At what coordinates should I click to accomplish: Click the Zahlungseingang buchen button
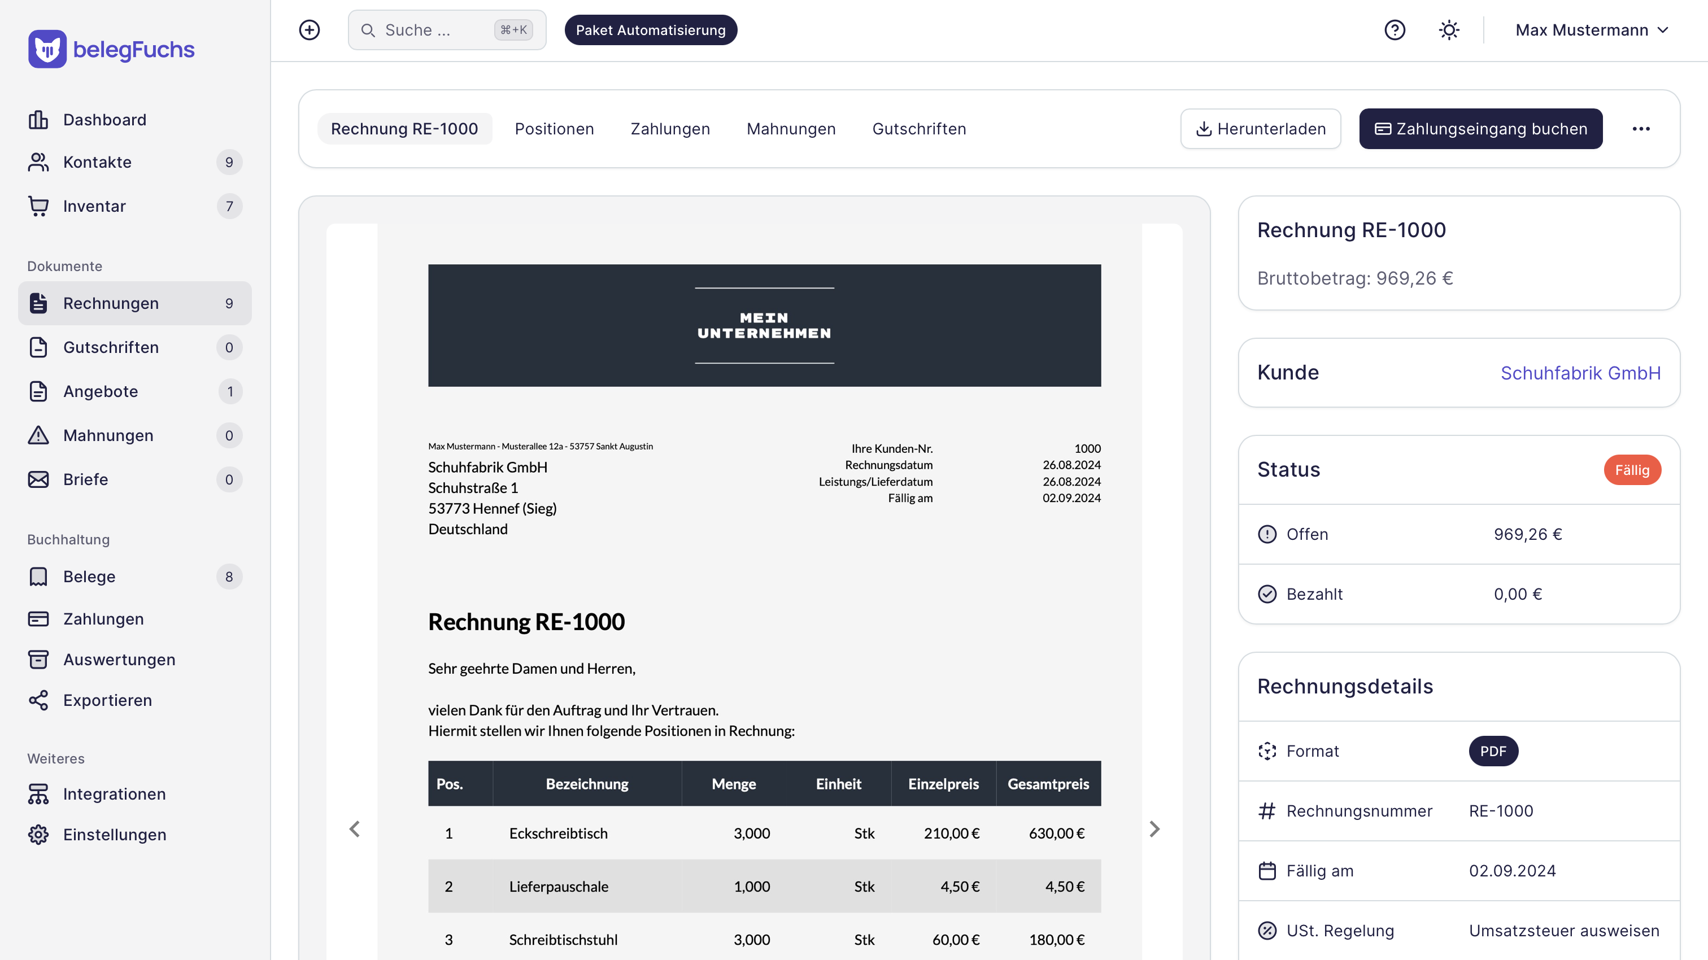point(1480,129)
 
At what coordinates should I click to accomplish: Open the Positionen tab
point(554,129)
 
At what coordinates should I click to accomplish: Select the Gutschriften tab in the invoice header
point(919,129)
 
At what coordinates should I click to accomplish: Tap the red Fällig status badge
point(1632,470)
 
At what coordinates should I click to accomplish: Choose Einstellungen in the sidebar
point(115,835)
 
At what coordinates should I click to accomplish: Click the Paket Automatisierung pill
point(651,30)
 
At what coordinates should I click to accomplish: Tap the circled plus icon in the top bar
point(310,30)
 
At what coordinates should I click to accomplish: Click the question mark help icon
point(1395,30)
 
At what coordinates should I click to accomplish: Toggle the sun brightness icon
point(1449,30)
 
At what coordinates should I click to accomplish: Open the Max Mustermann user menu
point(1591,30)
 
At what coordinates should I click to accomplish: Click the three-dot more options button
point(1640,129)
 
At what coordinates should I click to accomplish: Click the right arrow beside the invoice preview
point(1154,830)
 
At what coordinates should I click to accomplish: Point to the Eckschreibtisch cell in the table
point(558,834)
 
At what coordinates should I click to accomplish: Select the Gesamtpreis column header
point(1048,784)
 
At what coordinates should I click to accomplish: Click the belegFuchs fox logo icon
point(47,49)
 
